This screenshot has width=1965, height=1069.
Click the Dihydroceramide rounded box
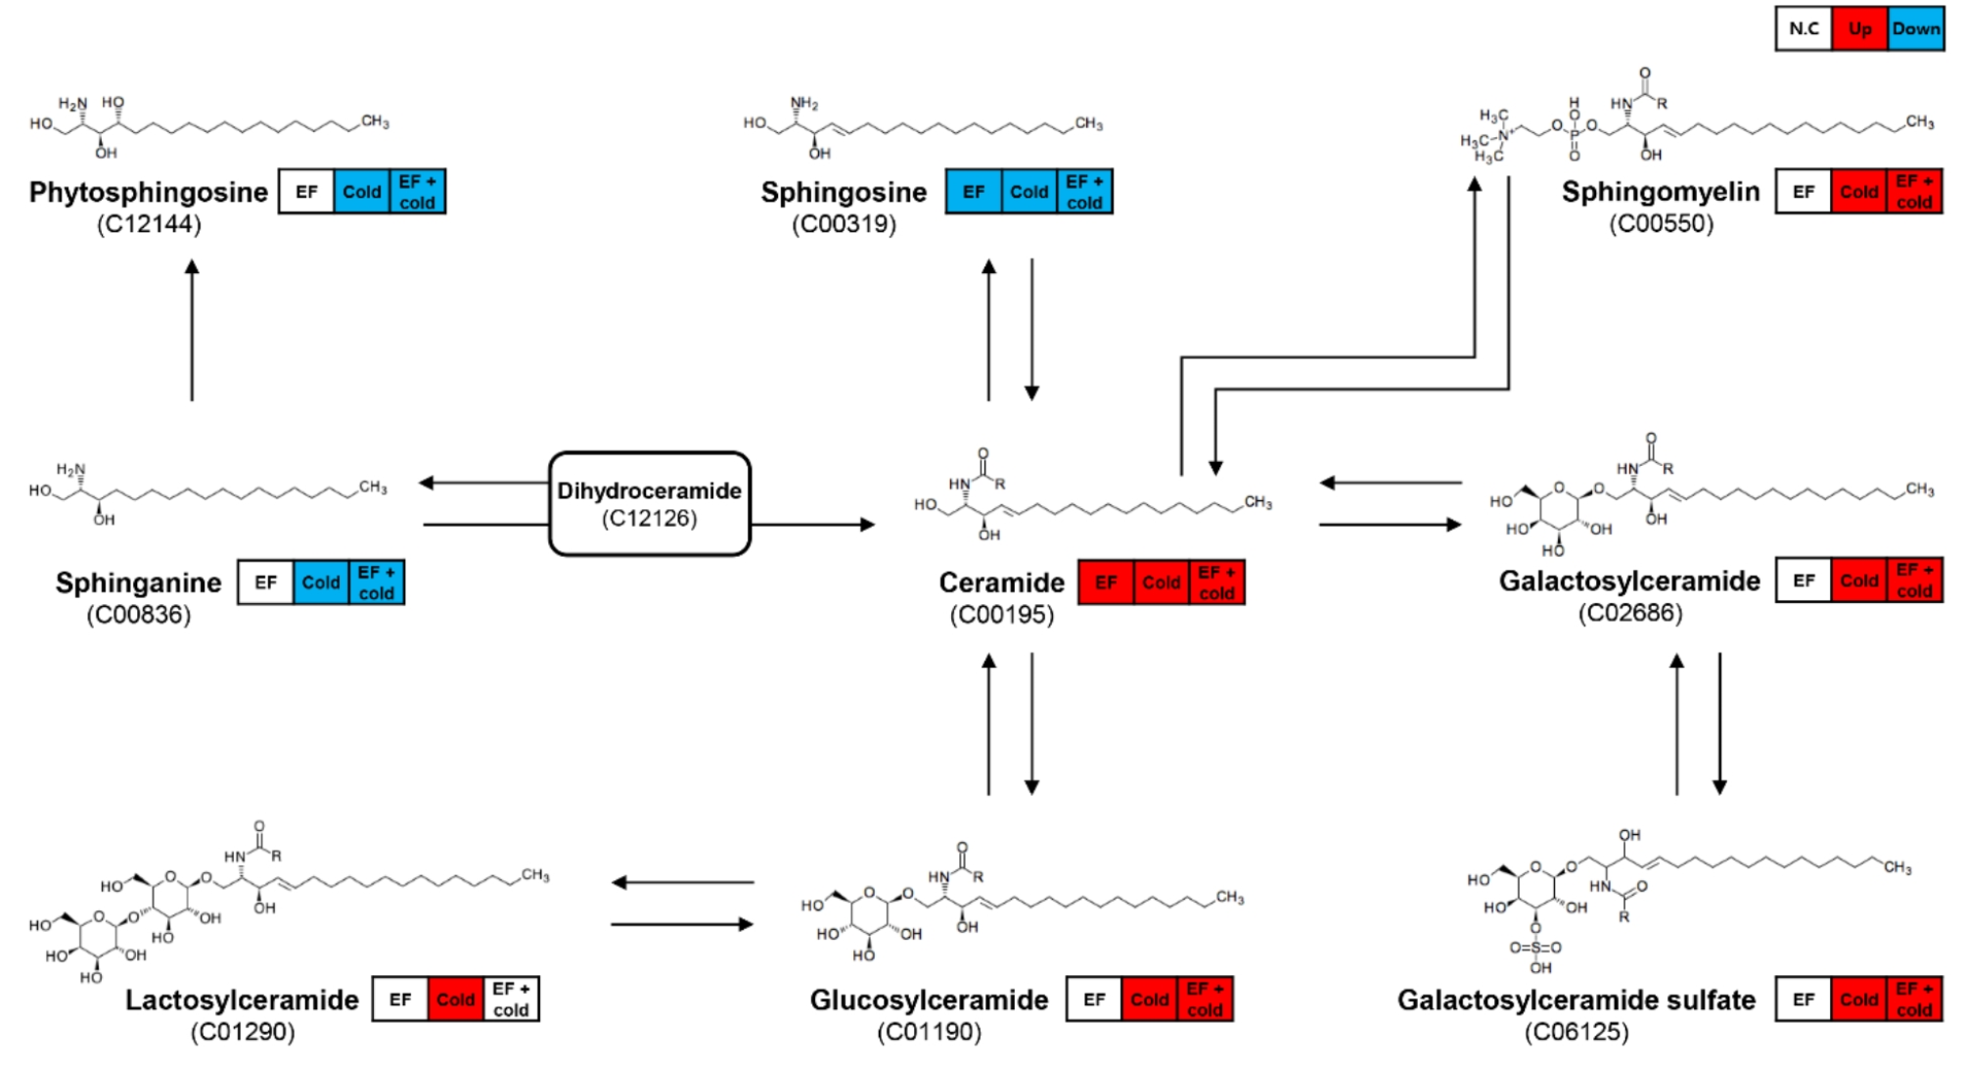pos(649,503)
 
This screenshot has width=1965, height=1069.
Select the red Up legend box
pos(1858,28)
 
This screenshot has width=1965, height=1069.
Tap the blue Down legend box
pos(1915,28)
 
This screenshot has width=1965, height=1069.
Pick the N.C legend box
pos(1804,28)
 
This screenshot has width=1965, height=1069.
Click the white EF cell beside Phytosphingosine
pos(306,192)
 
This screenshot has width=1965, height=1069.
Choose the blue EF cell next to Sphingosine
pos(973,192)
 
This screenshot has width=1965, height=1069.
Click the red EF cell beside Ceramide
pos(1106,582)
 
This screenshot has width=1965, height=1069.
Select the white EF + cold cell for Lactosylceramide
pos(511,999)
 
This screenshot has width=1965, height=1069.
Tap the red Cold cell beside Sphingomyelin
pos(1858,192)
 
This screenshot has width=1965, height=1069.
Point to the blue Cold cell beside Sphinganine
pos(320,582)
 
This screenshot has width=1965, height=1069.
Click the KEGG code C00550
pos(1661,223)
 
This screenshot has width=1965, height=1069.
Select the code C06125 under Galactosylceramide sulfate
pos(1576,1032)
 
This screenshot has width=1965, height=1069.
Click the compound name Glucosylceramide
pos(929,999)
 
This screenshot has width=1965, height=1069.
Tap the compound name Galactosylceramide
pos(1628,581)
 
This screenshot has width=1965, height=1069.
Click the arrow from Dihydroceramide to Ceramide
pos(812,525)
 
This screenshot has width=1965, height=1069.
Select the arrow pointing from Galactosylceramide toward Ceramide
pos(1390,483)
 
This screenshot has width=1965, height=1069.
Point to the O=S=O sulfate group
pos(1534,948)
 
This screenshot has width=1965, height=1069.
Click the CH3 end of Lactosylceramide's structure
pos(534,875)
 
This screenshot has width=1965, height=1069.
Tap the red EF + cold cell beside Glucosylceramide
pos(1205,999)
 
